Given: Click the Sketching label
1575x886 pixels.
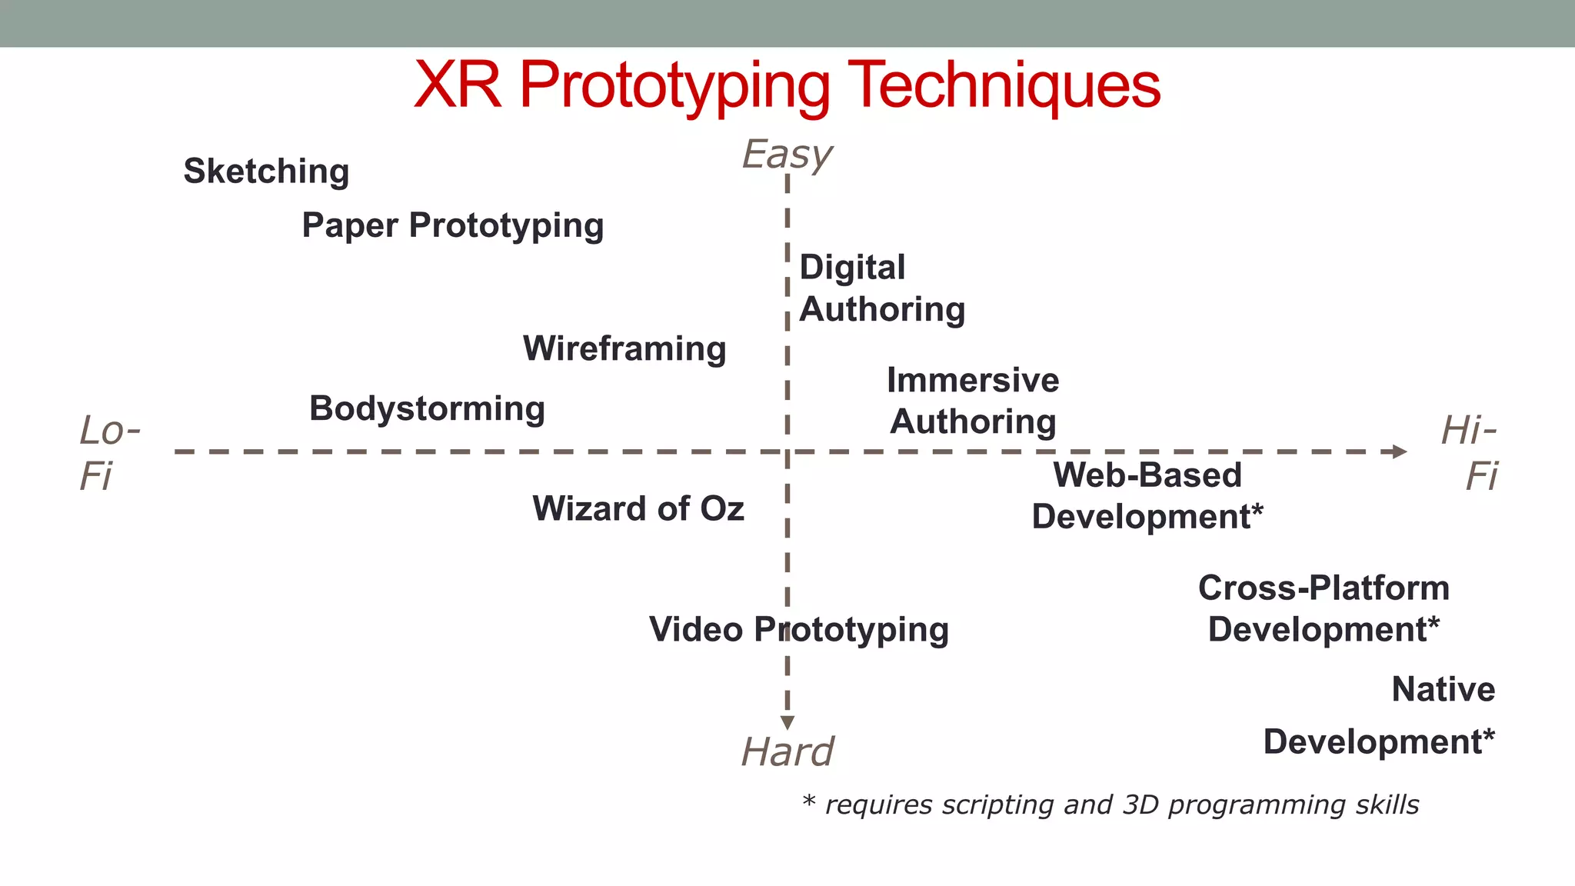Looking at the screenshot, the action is [266, 172].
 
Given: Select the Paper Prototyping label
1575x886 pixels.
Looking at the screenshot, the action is [452, 226].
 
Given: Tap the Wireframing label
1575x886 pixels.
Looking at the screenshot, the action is [624, 349].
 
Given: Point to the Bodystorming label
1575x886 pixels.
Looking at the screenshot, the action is [427, 408].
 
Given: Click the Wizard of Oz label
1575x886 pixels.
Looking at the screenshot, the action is [638, 508].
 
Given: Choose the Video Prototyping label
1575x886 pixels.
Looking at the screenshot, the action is [798, 630].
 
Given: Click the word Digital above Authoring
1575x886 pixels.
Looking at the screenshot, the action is [852, 268].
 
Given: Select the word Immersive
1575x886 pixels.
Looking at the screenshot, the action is [973, 380].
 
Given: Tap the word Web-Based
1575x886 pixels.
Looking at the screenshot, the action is [1147, 475].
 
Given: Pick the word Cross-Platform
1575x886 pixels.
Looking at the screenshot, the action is [1324, 588].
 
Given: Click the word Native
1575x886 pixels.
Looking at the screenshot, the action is [1443, 689].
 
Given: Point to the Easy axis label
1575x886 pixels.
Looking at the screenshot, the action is [787, 155].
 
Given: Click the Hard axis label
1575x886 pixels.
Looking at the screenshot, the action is [787, 751].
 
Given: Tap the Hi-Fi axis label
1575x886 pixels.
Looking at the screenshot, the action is [1470, 452].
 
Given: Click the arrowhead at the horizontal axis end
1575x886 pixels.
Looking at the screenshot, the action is [1400, 451].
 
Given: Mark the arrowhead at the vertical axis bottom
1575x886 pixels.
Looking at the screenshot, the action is [787, 722].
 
